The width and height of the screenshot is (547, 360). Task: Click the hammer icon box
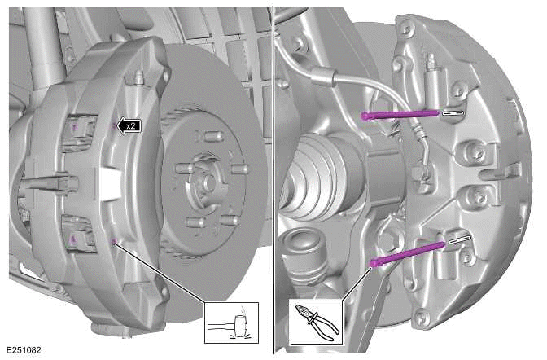click(x=231, y=322)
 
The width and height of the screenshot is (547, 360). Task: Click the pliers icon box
click(x=316, y=321)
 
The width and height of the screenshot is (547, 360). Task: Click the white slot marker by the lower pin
click(x=458, y=239)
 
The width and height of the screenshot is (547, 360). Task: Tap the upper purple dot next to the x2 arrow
click(x=112, y=126)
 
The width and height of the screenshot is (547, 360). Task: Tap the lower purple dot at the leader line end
click(x=113, y=241)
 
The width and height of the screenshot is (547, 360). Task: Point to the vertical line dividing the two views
click(x=273, y=180)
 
